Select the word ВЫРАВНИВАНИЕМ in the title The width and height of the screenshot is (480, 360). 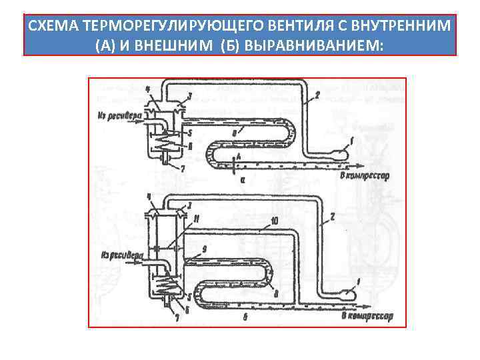coord(320,44)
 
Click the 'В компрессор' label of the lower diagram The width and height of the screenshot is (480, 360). coord(367,315)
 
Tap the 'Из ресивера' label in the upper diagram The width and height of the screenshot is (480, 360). coord(119,114)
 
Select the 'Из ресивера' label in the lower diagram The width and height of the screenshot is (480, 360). coord(121,254)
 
